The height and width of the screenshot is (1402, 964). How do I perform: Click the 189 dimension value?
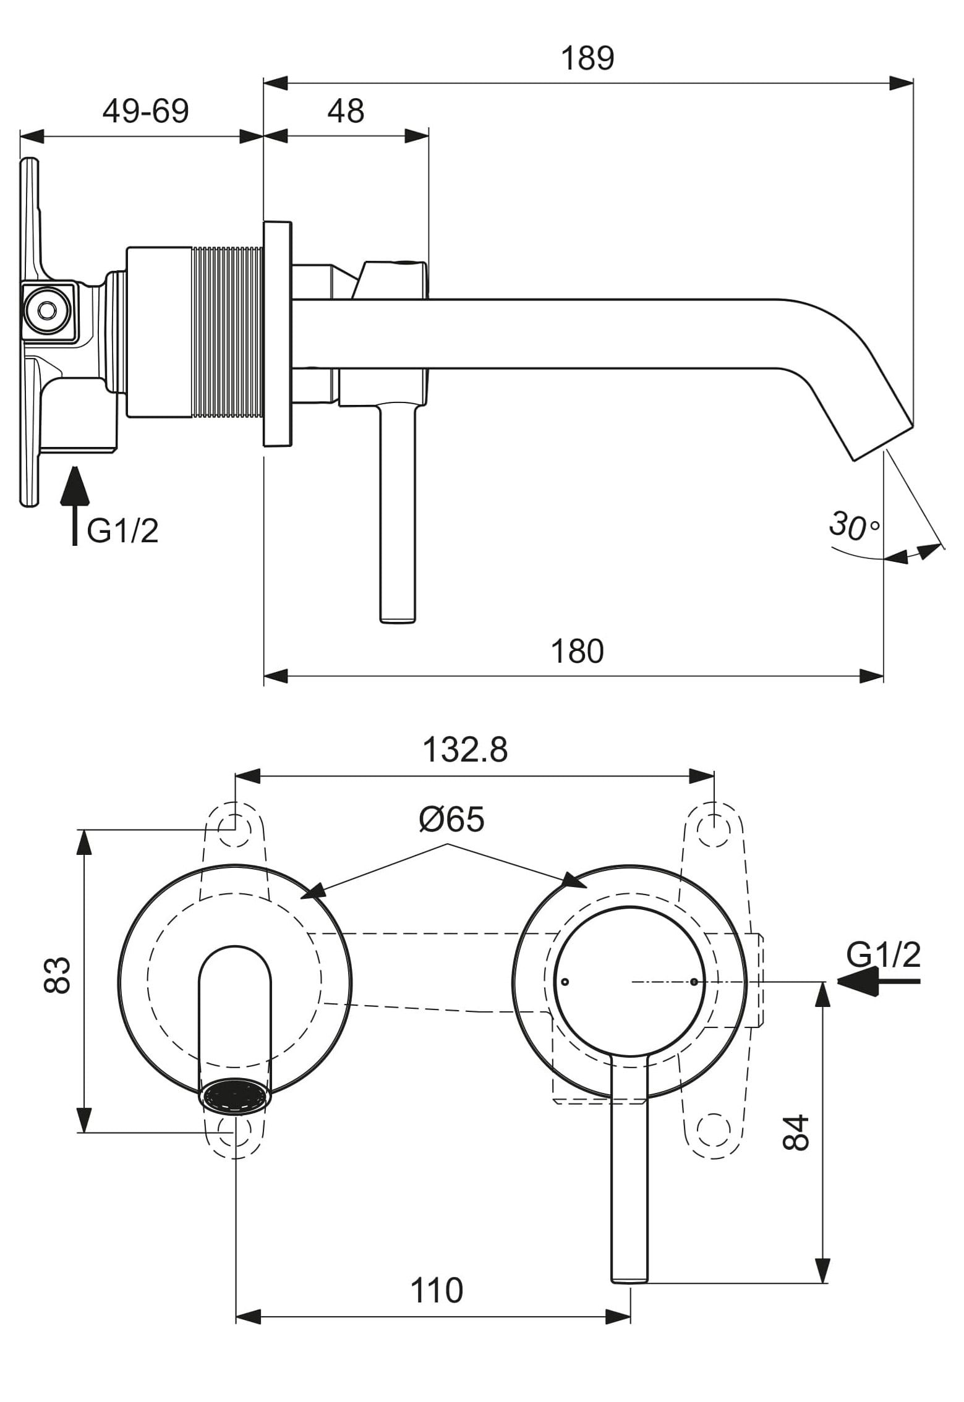(x=587, y=59)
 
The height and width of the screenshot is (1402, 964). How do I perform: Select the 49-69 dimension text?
(x=145, y=112)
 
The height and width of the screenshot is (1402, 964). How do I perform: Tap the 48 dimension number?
(x=346, y=112)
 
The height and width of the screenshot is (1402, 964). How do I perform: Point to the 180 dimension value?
(x=576, y=652)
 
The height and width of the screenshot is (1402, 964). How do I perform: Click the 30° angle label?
(x=853, y=526)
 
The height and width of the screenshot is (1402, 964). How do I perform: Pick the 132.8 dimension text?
(x=465, y=750)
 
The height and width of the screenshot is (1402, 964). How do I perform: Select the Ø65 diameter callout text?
(x=451, y=820)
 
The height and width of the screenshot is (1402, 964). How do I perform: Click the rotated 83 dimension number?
(x=58, y=975)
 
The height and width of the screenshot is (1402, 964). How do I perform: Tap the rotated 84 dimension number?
(x=796, y=1132)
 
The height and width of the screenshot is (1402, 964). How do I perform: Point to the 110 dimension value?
(x=437, y=1291)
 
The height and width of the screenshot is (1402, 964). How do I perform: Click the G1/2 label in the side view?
(x=122, y=531)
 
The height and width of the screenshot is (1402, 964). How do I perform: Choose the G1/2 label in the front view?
(x=883, y=955)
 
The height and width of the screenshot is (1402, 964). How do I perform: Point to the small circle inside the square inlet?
(x=46, y=309)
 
